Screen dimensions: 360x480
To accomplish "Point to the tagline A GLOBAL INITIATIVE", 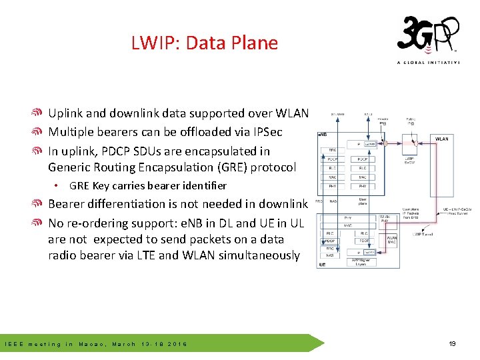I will pos(428,63).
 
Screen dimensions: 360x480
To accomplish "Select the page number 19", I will pos(452,344).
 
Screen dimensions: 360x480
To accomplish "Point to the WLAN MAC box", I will pos(391,241).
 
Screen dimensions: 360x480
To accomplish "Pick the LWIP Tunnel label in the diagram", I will pos(423,233).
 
